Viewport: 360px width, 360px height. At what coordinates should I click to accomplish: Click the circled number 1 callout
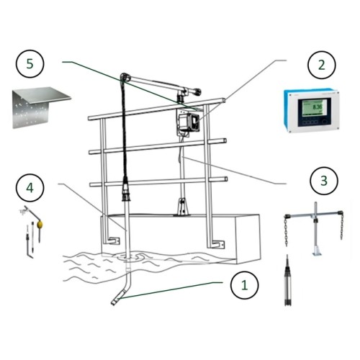[243, 284]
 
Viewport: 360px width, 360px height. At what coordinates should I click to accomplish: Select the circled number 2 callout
[318, 66]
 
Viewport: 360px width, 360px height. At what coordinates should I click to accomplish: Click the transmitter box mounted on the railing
[188, 121]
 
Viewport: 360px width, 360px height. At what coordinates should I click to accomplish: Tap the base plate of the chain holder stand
[314, 253]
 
